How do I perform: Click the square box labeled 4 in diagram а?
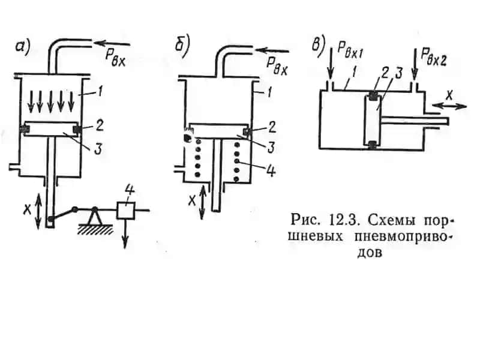[x=126, y=211]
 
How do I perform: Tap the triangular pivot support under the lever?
[x=95, y=217]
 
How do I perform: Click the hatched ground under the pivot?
[x=95, y=230]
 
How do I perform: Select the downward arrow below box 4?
[x=125, y=234]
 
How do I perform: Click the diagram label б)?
[x=182, y=46]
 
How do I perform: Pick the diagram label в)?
[x=319, y=47]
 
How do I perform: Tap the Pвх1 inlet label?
[x=350, y=50]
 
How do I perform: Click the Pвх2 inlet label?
[x=433, y=56]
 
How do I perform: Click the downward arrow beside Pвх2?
[x=415, y=64]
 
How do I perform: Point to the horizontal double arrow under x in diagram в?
[x=449, y=106]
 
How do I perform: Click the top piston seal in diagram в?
[x=372, y=95]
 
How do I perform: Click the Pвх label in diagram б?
[x=278, y=67]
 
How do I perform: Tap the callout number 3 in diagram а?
[x=98, y=149]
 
